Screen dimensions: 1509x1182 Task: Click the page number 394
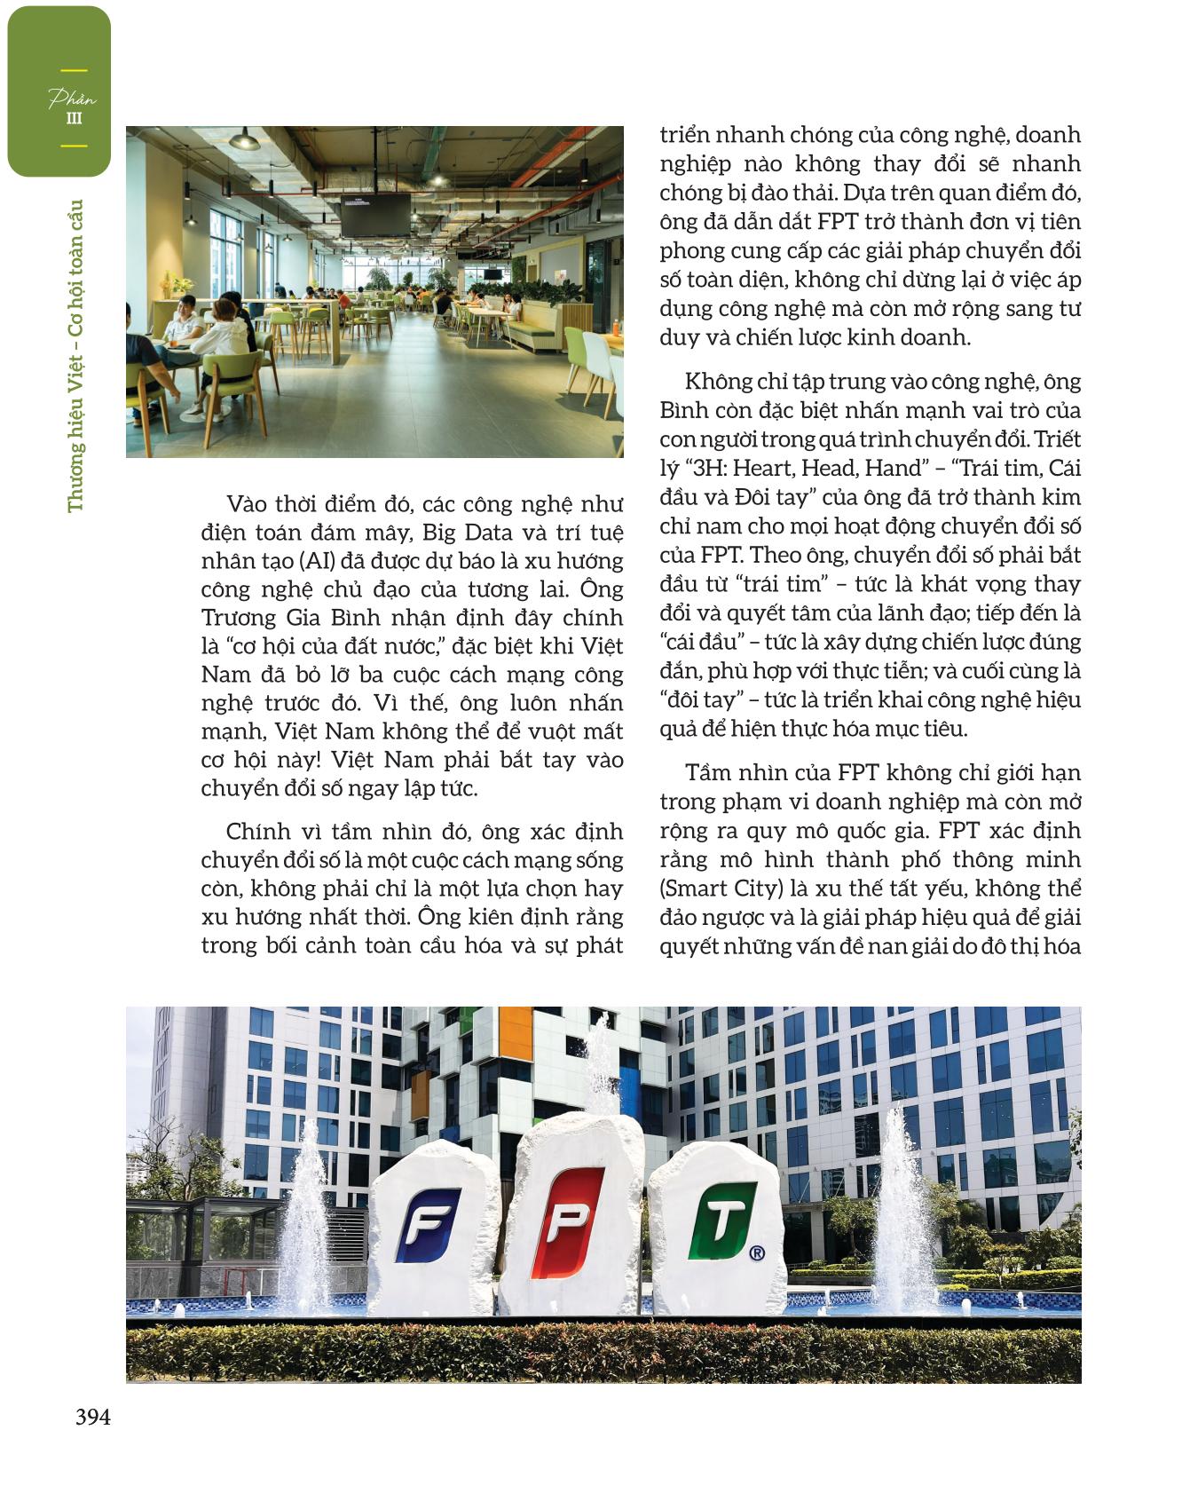pos(92,1418)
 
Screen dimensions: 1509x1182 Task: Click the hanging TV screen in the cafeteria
pos(375,216)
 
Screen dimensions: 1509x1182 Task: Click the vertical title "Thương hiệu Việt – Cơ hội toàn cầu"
pos(75,355)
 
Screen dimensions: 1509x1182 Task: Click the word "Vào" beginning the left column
pos(246,504)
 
